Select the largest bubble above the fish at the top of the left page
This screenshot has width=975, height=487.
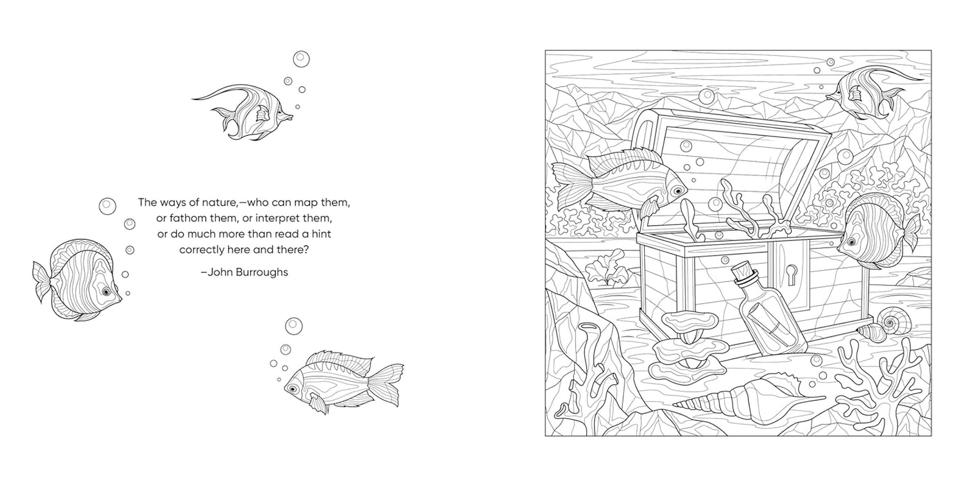click(x=301, y=59)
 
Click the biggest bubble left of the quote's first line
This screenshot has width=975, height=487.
click(x=107, y=206)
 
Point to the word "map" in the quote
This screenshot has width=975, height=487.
click(x=307, y=203)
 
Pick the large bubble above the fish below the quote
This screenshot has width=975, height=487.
click(x=294, y=326)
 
